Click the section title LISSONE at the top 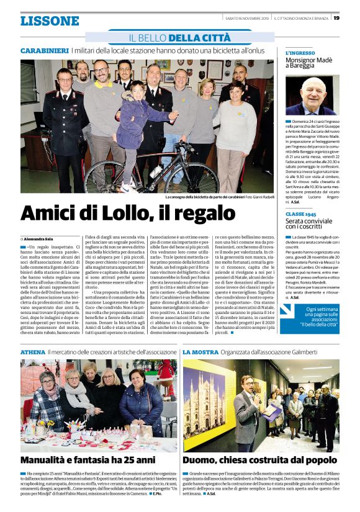[x=50, y=21]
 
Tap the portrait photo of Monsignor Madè [x=312, y=96]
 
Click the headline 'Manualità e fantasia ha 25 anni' [x=88, y=460]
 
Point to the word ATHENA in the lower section [x=32, y=351]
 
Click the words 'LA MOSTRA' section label [x=200, y=351]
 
